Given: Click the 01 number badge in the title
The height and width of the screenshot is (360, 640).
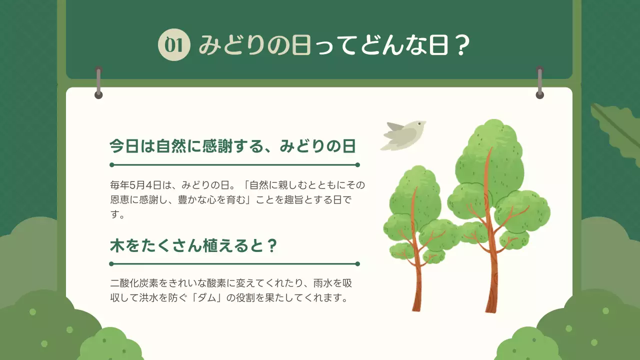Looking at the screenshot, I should (x=174, y=46).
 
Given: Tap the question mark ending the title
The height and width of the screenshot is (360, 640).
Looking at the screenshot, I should (x=462, y=46).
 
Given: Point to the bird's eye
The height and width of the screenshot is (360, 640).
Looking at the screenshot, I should (x=418, y=123).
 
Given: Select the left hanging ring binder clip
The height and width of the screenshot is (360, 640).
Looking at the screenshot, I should (x=98, y=81).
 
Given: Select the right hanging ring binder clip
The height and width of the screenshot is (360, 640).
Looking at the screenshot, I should (x=539, y=81).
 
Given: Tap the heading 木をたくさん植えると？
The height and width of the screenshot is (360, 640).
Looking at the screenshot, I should (x=193, y=246).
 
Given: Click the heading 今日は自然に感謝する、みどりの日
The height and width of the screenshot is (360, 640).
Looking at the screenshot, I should (x=232, y=146).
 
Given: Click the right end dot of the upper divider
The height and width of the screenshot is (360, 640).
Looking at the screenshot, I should (x=357, y=164).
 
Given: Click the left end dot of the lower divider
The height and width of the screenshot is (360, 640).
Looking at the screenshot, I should (x=112, y=263).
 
